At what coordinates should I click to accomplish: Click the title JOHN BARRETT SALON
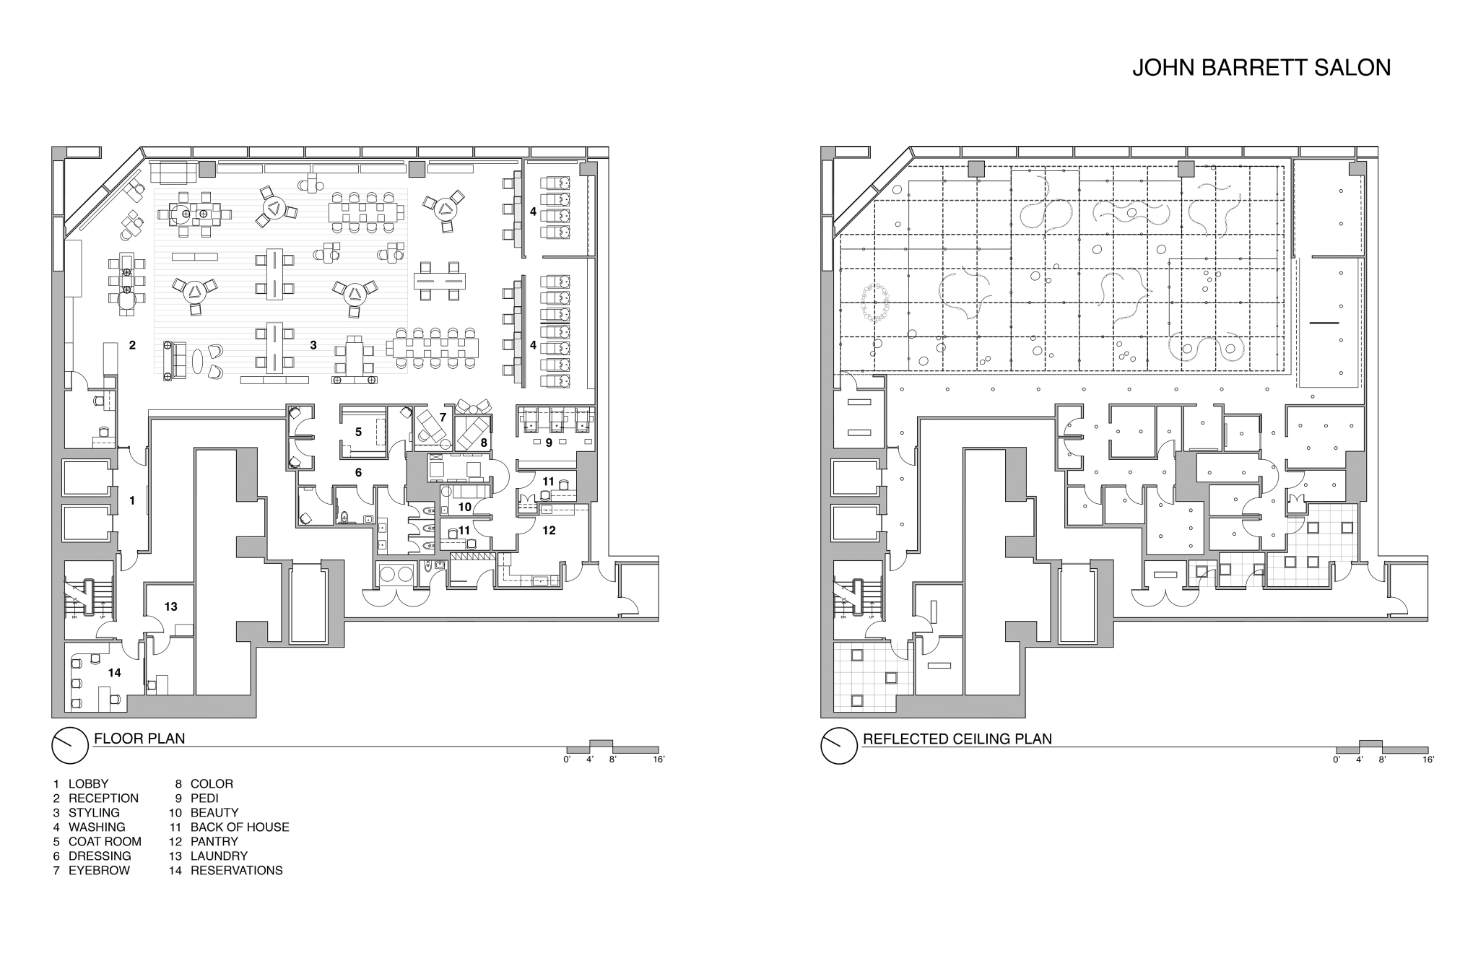pyautogui.click(x=1261, y=67)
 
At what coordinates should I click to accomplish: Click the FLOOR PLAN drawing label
pyautogui.click(x=139, y=739)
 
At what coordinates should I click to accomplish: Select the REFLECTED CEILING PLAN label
pyautogui.click(x=957, y=739)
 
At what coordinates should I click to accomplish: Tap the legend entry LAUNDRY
pyautogui.click(x=219, y=856)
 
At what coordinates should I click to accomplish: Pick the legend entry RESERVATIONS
pyautogui.click(x=237, y=870)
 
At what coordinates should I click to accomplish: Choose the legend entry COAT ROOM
pyautogui.click(x=105, y=841)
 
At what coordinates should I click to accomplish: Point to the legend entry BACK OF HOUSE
pyautogui.click(x=240, y=827)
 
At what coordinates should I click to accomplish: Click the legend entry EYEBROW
pyautogui.click(x=100, y=870)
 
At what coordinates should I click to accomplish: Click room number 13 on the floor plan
pyautogui.click(x=170, y=607)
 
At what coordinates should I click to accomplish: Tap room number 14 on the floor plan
pyautogui.click(x=114, y=673)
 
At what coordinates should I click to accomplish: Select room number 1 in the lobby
pyautogui.click(x=132, y=500)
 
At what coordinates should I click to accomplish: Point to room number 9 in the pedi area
pyautogui.click(x=549, y=443)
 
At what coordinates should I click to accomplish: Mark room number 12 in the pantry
pyautogui.click(x=549, y=530)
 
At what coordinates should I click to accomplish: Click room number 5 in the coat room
pyautogui.click(x=358, y=432)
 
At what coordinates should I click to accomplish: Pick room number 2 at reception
pyautogui.click(x=132, y=345)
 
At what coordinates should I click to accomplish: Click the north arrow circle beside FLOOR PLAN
pyautogui.click(x=70, y=745)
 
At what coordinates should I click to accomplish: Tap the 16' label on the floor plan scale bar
pyautogui.click(x=659, y=760)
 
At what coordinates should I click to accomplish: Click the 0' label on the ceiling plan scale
pyautogui.click(x=1337, y=760)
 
